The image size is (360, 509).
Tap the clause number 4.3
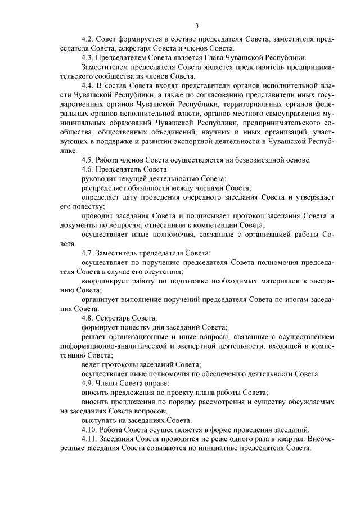(87, 57)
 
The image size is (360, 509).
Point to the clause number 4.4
(87, 84)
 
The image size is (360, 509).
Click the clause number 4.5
(87, 160)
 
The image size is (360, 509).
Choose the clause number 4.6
(87, 169)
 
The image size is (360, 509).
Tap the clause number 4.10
(89, 429)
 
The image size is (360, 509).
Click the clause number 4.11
(89, 439)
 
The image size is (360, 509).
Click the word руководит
(98, 178)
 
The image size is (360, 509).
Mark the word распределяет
(103, 187)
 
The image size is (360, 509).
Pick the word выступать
(99, 420)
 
